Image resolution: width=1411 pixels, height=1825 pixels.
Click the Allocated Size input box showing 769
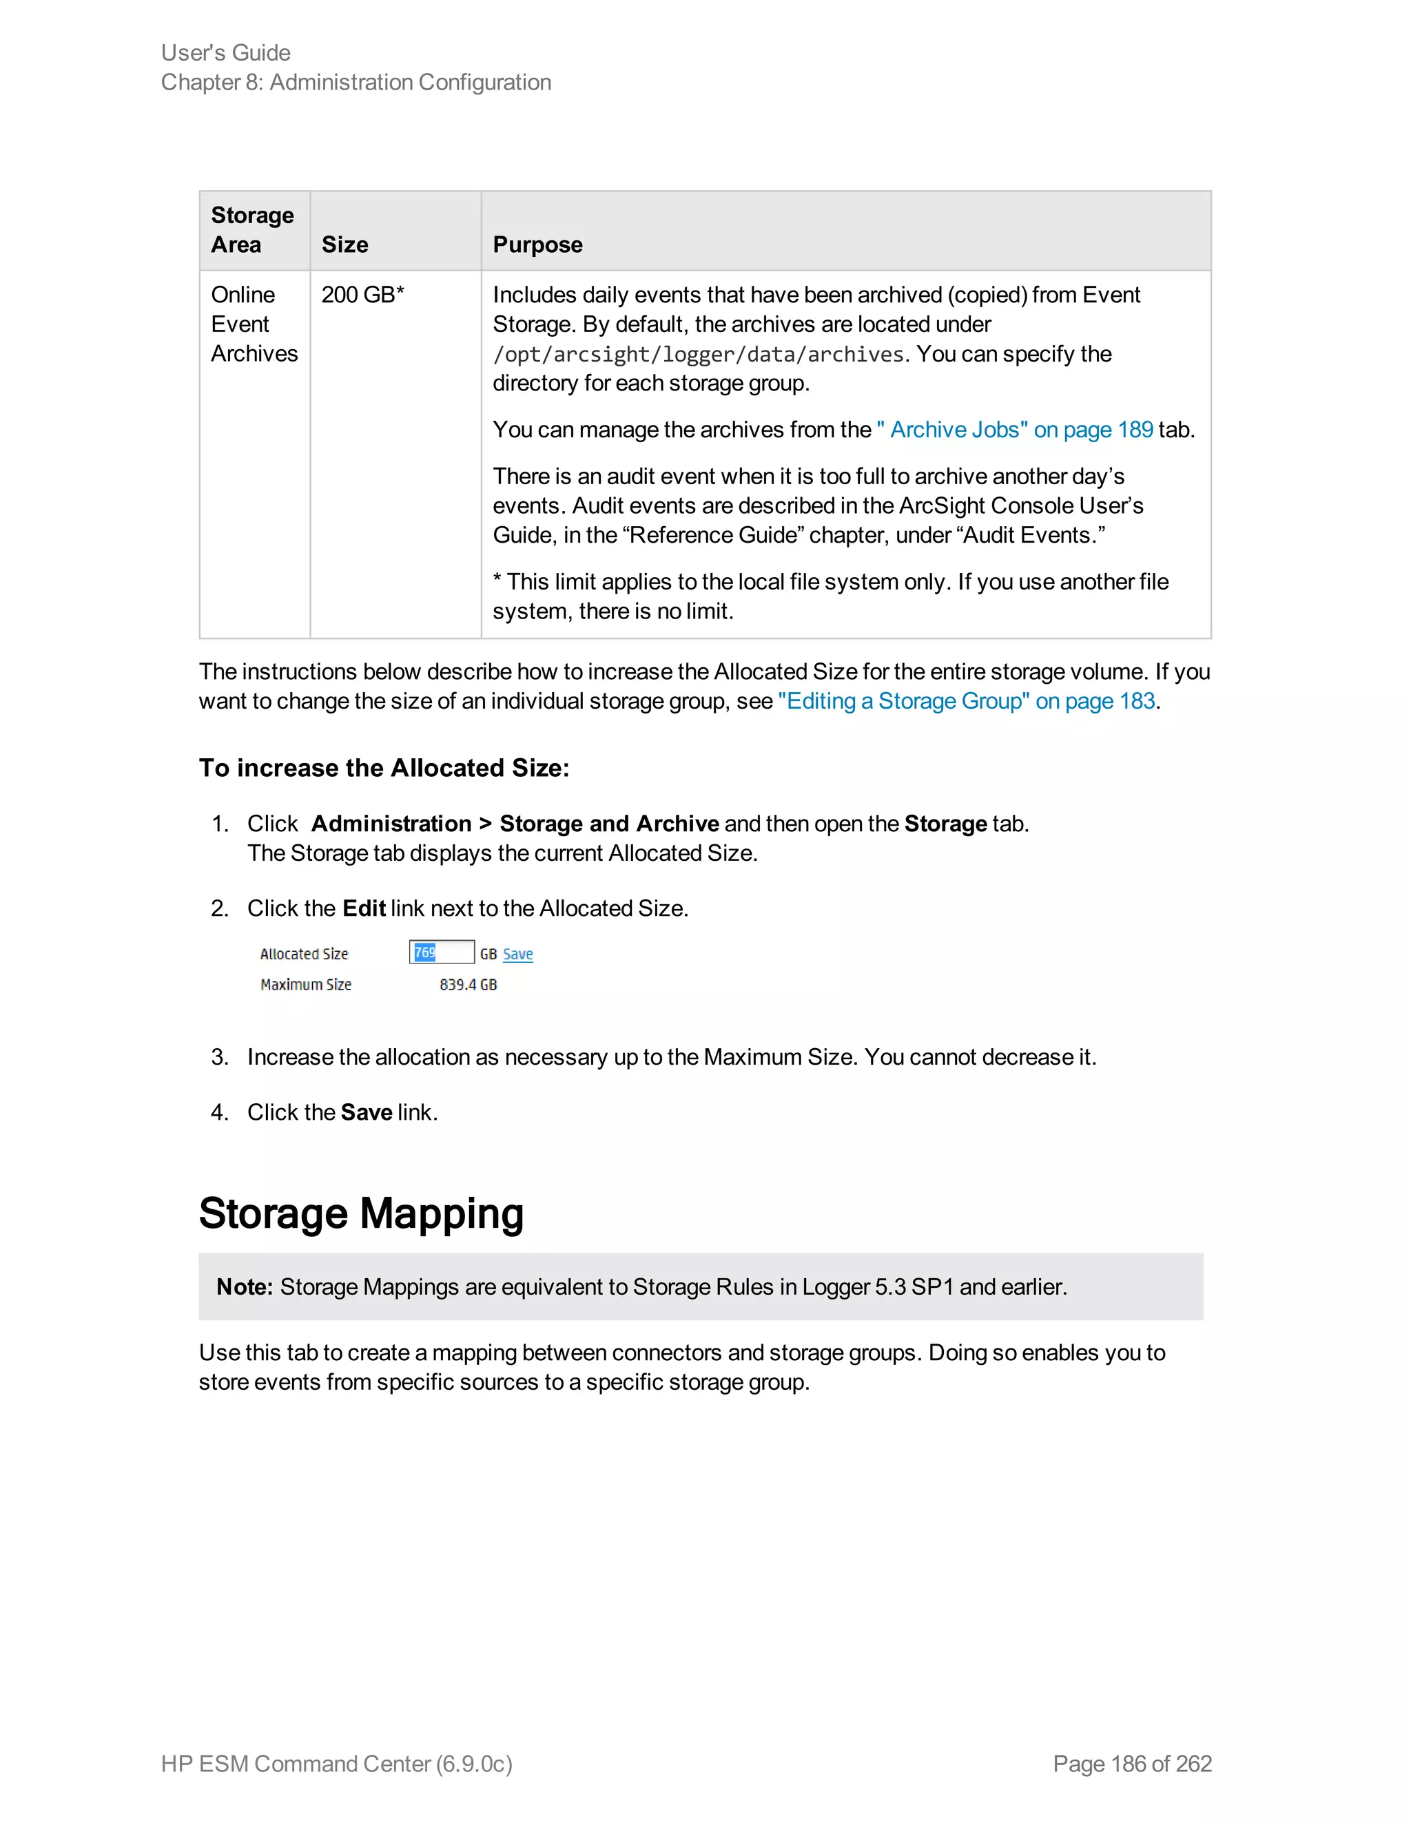(x=442, y=952)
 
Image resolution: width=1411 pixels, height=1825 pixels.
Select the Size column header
(x=344, y=245)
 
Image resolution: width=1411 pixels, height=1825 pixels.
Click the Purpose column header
(x=537, y=245)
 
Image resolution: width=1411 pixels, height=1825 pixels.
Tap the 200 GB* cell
(x=363, y=295)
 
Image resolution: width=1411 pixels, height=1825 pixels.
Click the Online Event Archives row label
(x=254, y=324)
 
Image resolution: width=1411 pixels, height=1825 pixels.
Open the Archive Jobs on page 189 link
(x=1015, y=430)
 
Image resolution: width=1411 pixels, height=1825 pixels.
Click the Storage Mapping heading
(x=361, y=1213)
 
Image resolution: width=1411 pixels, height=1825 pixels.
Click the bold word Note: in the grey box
(x=244, y=1287)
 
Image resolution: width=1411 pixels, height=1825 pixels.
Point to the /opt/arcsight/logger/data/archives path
(x=698, y=354)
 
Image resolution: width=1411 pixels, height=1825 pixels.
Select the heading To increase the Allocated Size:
(x=384, y=768)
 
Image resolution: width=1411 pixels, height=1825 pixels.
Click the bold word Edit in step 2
(x=364, y=908)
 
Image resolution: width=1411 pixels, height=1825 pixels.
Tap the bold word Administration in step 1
(x=391, y=824)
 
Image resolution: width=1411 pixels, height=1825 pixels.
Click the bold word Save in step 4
(x=366, y=1112)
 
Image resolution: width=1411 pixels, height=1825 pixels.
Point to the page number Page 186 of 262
(x=1132, y=1763)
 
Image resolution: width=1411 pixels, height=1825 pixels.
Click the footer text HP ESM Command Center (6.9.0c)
(x=336, y=1763)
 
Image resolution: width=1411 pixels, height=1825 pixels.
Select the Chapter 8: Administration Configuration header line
(x=356, y=83)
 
